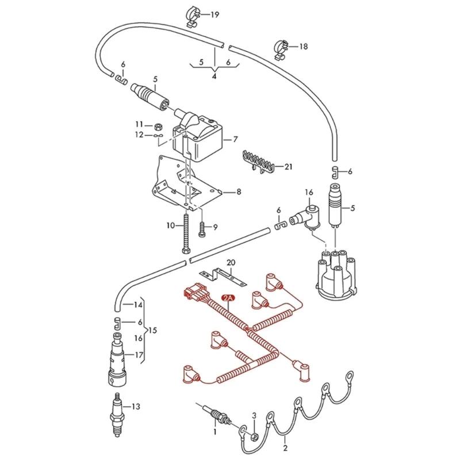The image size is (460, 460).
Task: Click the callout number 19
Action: coord(214,14)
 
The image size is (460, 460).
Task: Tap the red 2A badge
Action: coord(228,298)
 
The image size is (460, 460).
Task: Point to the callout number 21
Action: coord(288,167)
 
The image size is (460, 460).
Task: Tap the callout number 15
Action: coord(152,330)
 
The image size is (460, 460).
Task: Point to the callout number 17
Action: coord(138,355)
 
